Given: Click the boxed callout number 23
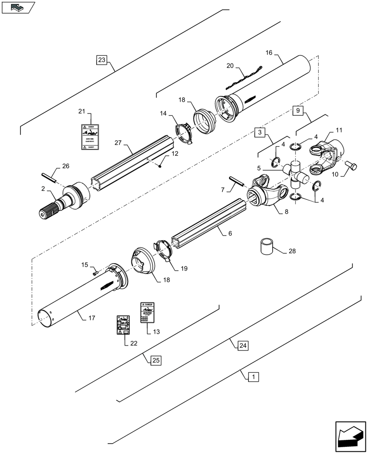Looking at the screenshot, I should pyautogui.click(x=101, y=59).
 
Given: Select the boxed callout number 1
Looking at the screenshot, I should pyautogui.click(x=254, y=376).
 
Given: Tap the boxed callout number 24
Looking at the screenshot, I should pyautogui.click(x=243, y=345).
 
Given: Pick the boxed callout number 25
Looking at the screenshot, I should pyautogui.click(x=155, y=360).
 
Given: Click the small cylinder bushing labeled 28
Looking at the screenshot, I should pyautogui.click(x=268, y=248).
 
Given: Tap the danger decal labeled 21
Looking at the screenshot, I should pyautogui.click(x=90, y=137).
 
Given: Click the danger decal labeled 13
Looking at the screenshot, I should pyautogui.click(x=146, y=312).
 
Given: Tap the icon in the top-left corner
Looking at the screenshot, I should pyautogui.click(x=18, y=7).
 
